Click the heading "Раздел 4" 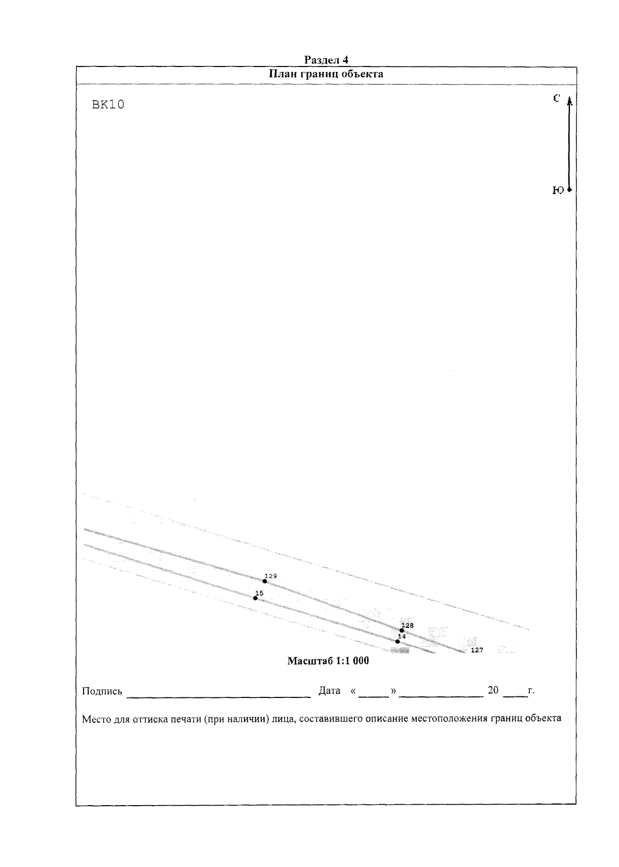326,60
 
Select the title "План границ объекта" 326,74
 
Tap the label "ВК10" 108,105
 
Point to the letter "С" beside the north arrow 556,98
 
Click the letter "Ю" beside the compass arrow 558,190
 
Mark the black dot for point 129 265,581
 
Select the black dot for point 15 255,598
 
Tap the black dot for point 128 402,630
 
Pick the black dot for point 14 397,641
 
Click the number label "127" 477,651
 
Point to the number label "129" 271,576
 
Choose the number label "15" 259,593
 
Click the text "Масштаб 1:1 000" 328,661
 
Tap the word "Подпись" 102,691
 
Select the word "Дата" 329,691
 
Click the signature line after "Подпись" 219,697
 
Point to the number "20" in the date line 493,690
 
